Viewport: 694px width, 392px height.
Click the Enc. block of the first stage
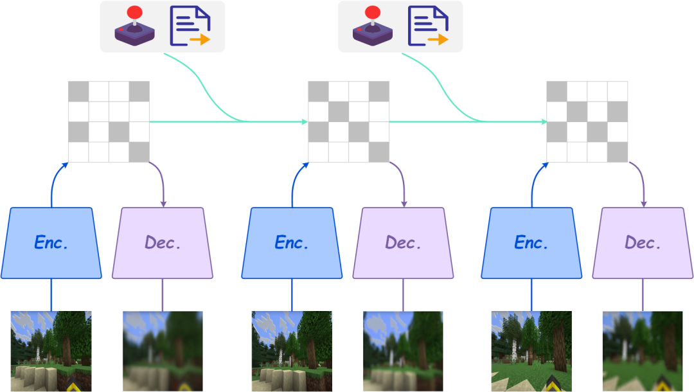pyautogui.click(x=51, y=243)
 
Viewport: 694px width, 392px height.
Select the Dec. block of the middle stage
pyautogui.click(x=403, y=243)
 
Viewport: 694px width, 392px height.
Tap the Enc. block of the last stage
pyautogui.click(x=531, y=243)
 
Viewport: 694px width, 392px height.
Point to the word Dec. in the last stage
pyautogui.click(x=643, y=243)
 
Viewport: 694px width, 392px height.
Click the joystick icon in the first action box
pyautogui.click(x=134, y=26)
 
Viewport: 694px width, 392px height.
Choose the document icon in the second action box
pyautogui.click(x=428, y=26)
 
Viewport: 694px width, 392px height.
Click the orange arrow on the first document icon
pyautogui.click(x=200, y=40)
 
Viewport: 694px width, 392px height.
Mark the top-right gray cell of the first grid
pyautogui.click(x=139, y=91)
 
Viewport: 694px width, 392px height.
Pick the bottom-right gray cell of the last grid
pyautogui.click(x=618, y=152)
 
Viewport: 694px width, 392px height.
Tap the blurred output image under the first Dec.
pyautogui.click(x=163, y=351)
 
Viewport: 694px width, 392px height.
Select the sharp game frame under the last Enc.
pyautogui.click(x=531, y=351)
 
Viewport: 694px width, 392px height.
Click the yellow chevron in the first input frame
pyautogui.click(x=78, y=384)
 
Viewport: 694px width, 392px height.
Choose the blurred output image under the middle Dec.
pyautogui.click(x=403, y=351)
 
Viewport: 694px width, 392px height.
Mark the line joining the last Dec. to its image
pyautogui.click(x=643, y=295)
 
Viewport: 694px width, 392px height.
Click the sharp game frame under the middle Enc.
pyautogui.click(x=291, y=351)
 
